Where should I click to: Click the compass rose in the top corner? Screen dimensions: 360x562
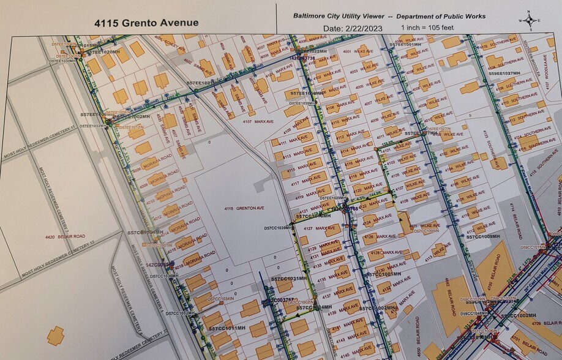pos(529,20)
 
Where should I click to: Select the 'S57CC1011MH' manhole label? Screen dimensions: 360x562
pos(227,329)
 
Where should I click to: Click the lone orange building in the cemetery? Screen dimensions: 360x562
pos(56,335)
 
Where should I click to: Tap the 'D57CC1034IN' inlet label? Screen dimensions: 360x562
pos(220,299)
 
